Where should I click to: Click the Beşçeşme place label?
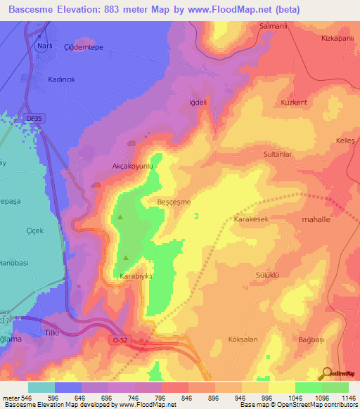(x=173, y=202)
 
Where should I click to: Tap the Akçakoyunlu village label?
(x=133, y=167)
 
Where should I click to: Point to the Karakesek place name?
(x=251, y=219)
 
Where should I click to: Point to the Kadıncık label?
(x=61, y=81)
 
